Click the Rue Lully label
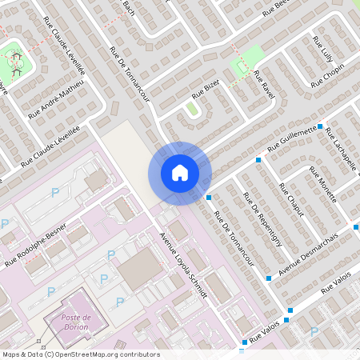322,48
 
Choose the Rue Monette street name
328,186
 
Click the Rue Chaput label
290,198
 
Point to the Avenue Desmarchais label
309,252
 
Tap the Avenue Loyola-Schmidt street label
184,266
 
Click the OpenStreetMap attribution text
80,354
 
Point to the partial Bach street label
126,8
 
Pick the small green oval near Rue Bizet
191,108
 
